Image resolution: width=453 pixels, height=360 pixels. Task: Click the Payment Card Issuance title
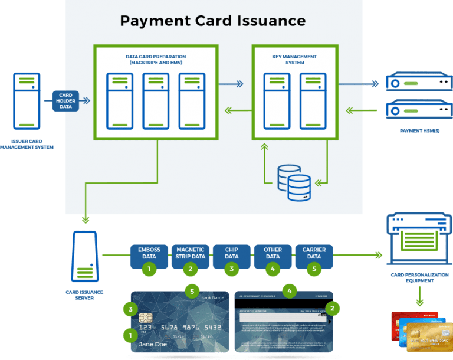212,21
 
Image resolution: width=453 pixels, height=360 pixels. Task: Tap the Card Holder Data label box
65,100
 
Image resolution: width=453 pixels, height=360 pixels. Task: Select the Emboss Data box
149,253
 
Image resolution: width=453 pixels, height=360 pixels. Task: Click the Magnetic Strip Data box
190,253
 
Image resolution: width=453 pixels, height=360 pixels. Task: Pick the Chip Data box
231,253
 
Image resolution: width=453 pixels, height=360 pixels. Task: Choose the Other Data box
273,253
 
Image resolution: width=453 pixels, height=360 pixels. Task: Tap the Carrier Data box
314,253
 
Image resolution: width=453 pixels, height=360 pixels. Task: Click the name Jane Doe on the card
153,344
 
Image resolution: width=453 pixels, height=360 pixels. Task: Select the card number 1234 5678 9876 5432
180,327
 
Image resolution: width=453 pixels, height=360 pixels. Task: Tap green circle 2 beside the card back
332,308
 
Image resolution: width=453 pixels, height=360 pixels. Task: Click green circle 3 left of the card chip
129,308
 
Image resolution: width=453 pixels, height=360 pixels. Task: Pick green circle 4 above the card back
289,290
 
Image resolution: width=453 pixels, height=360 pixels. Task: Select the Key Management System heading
294,60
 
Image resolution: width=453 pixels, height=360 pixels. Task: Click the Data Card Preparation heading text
156,60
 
